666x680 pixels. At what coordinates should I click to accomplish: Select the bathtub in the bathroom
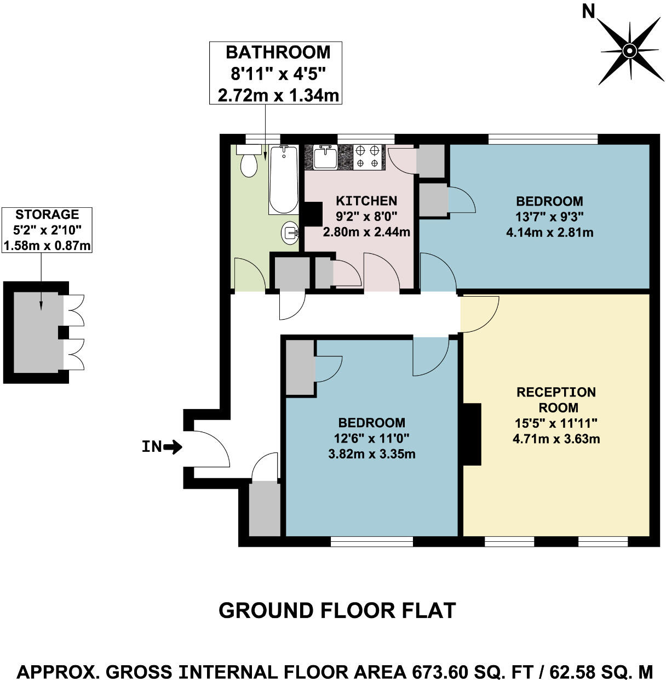pyautogui.click(x=283, y=180)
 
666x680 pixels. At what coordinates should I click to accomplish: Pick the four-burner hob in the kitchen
pyautogui.click(x=368, y=156)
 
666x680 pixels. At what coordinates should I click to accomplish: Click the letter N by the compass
pyautogui.click(x=589, y=11)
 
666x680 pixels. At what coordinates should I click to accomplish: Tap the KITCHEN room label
pyautogui.click(x=366, y=201)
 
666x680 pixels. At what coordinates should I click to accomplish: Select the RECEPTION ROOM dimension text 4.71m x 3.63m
pyautogui.click(x=556, y=439)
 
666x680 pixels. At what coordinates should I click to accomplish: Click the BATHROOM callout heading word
pyautogui.click(x=278, y=53)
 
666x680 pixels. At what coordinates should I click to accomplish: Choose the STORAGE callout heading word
pyautogui.click(x=47, y=214)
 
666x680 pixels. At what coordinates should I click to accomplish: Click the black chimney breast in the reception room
pyautogui.click(x=472, y=434)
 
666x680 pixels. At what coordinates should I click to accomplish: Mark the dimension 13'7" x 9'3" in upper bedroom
pyautogui.click(x=549, y=217)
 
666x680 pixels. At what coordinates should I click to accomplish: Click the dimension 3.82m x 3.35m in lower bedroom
pyautogui.click(x=371, y=454)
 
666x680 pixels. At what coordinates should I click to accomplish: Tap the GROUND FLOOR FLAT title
pyautogui.click(x=337, y=610)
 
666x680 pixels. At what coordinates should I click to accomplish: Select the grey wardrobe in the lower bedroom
pyautogui.click(x=300, y=367)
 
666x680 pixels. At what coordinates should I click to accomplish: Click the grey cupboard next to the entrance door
pyautogui.click(x=265, y=509)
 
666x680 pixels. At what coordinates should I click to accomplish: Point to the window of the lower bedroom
pyautogui.click(x=371, y=542)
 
